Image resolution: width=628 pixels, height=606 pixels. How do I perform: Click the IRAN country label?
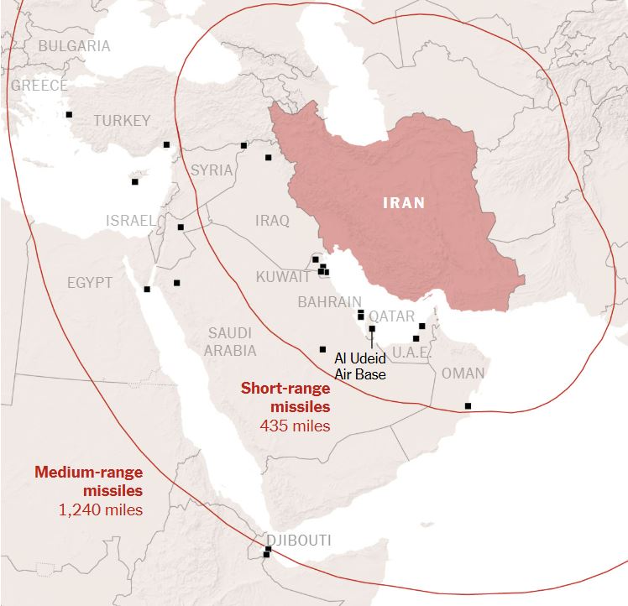(x=404, y=202)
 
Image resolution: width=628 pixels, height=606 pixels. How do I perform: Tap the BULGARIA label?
(x=74, y=45)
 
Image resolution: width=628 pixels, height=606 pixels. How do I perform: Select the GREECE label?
(x=39, y=86)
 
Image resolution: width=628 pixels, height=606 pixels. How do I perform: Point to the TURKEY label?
(x=122, y=121)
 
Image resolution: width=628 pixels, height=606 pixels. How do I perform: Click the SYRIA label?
(x=212, y=170)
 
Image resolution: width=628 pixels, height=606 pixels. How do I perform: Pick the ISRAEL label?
(x=130, y=221)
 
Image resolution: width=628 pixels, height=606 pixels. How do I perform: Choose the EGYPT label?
(x=90, y=283)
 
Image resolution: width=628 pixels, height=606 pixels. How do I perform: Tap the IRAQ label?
(x=271, y=221)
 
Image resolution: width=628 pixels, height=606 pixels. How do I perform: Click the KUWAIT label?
(x=283, y=277)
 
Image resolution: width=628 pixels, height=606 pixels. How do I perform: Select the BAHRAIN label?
(x=329, y=302)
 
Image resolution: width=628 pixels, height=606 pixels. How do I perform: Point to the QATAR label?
(x=392, y=316)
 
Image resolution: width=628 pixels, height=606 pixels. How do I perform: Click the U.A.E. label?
(x=411, y=353)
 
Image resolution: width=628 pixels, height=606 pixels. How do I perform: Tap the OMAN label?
(x=463, y=374)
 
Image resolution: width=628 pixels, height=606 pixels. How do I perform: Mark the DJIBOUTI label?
(x=298, y=540)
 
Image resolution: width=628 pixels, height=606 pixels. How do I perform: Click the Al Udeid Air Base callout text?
(x=360, y=366)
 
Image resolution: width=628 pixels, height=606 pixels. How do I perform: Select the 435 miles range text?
(x=295, y=426)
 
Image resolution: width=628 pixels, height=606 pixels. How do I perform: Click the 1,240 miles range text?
(x=100, y=509)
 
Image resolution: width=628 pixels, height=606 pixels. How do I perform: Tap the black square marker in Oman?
(x=468, y=406)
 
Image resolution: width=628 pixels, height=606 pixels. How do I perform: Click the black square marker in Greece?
(x=69, y=114)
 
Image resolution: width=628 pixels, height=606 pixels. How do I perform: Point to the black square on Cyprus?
(x=134, y=181)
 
